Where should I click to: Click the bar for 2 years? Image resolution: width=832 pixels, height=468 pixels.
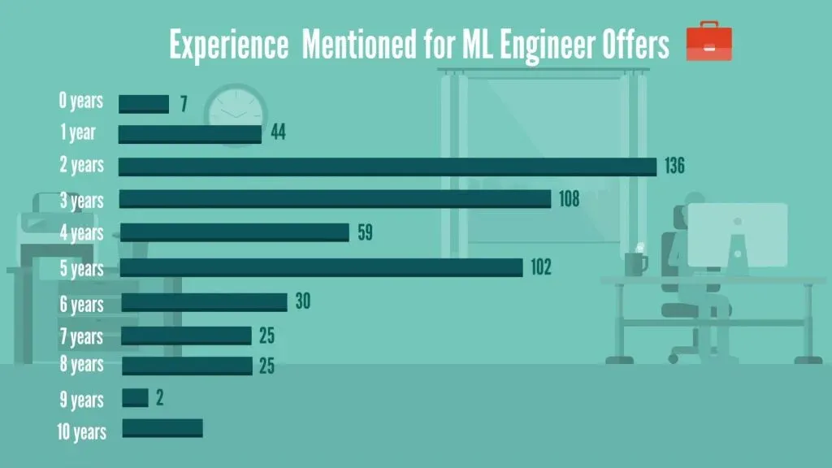pyautogui.click(x=387, y=167)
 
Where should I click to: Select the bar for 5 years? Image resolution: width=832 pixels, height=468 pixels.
pyautogui.click(x=322, y=267)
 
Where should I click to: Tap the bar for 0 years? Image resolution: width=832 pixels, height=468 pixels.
pyautogui.click(x=144, y=104)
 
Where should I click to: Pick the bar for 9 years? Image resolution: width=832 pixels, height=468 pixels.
pyautogui.click(x=136, y=398)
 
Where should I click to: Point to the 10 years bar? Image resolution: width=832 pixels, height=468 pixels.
pyautogui.click(x=162, y=428)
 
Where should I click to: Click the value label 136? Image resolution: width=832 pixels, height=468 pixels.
pyautogui.click(x=674, y=167)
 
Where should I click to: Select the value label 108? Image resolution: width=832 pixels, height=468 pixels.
pyautogui.click(x=569, y=199)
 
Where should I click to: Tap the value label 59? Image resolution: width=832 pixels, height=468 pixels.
pyautogui.click(x=365, y=233)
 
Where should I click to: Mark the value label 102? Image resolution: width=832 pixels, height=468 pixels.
pyautogui.click(x=540, y=267)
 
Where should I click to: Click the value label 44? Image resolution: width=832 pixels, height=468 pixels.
pyautogui.click(x=278, y=132)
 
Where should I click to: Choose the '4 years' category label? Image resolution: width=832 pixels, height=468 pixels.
pyautogui.click(x=81, y=233)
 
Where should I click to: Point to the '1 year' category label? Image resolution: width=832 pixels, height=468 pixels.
pyautogui.click(x=78, y=132)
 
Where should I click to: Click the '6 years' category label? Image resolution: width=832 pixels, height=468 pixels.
pyautogui.click(x=81, y=305)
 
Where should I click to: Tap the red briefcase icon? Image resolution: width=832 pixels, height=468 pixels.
pyautogui.click(x=708, y=42)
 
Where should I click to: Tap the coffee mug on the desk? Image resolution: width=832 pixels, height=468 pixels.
pyautogui.click(x=635, y=264)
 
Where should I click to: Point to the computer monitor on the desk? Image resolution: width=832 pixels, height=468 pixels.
pyautogui.click(x=737, y=236)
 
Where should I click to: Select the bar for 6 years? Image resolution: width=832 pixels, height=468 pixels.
pyautogui.click(x=204, y=302)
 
